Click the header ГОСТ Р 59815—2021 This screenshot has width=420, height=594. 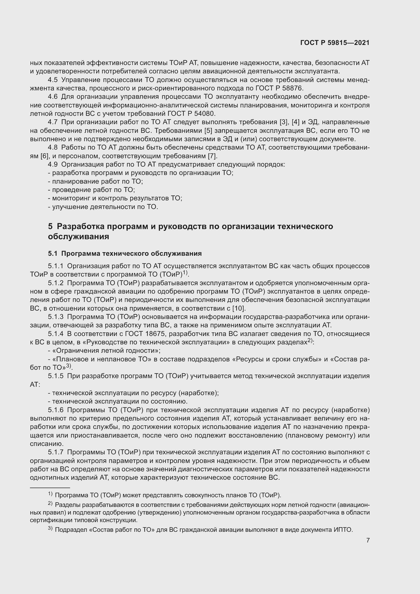click(x=335, y=43)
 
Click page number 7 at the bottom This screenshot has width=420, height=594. click(x=368, y=540)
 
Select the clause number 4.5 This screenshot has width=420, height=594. click(x=53, y=80)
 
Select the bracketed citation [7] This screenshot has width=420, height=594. click(x=213, y=156)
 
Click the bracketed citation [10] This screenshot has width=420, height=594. click(x=239, y=308)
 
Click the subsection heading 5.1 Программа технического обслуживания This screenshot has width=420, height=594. click(x=125, y=253)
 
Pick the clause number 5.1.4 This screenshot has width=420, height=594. click(x=56, y=334)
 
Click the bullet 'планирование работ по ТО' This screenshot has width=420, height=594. click(x=97, y=181)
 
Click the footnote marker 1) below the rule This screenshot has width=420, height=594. click(x=51, y=494)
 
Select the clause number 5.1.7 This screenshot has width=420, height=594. click(x=56, y=452)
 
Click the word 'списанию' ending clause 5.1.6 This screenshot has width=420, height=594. click(x=46, y=444)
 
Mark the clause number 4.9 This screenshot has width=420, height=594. click(x=53, y=164)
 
